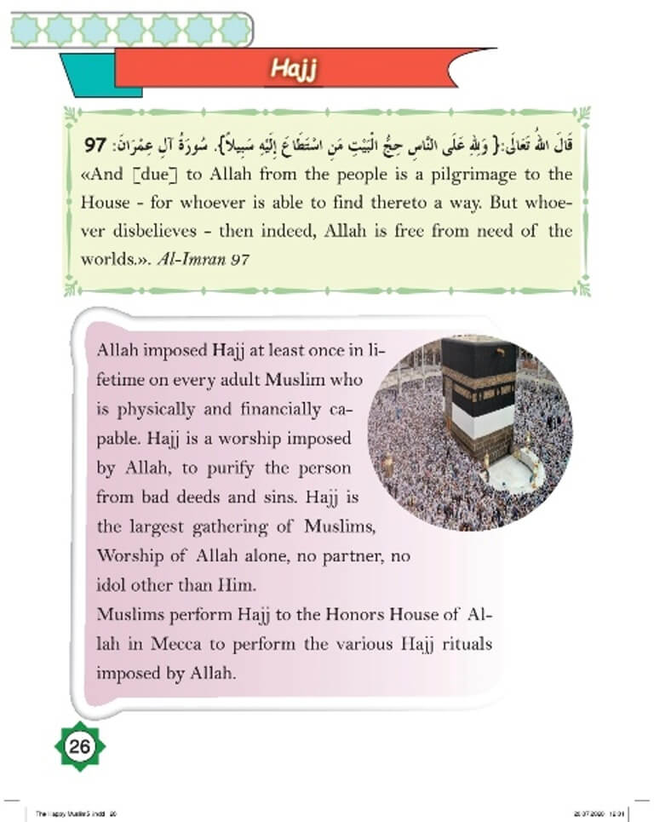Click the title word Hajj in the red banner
[x=294, y=69]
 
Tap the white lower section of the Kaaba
[x=483, y=418]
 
